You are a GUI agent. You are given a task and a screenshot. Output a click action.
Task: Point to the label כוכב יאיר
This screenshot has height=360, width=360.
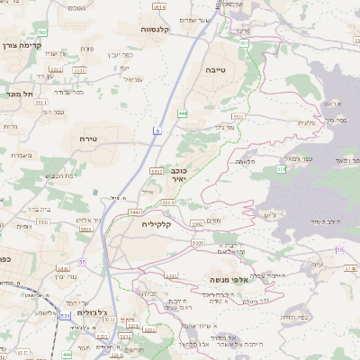(x=178, y=174)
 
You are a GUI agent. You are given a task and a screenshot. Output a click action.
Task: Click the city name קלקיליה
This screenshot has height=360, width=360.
(x=162, y=224)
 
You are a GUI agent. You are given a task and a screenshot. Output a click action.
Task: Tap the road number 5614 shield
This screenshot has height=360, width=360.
(x=159, y=6)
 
